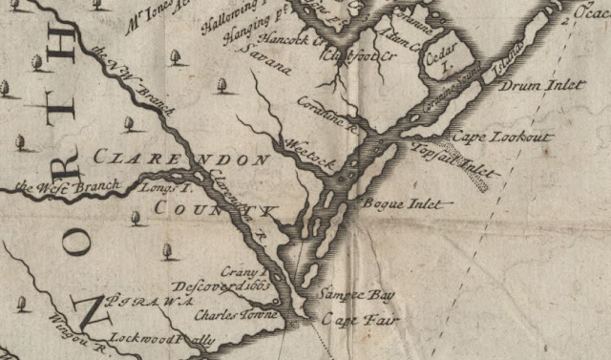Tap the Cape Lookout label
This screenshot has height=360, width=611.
503,138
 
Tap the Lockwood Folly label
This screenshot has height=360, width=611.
162,339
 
